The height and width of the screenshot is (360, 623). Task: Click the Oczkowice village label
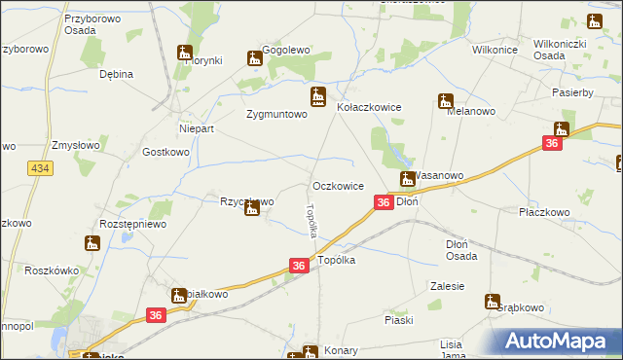tap(339, 185)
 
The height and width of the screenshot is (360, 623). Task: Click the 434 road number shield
tap(40, 169)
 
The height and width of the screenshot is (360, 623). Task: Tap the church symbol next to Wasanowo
tap(409, 178)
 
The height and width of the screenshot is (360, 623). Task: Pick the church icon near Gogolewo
tap(255, 58)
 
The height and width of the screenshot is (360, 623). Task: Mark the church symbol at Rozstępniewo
tap(92, 242)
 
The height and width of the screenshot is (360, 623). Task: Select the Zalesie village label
tap(447, 286)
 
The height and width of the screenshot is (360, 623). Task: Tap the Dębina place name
tap(116, 74)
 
